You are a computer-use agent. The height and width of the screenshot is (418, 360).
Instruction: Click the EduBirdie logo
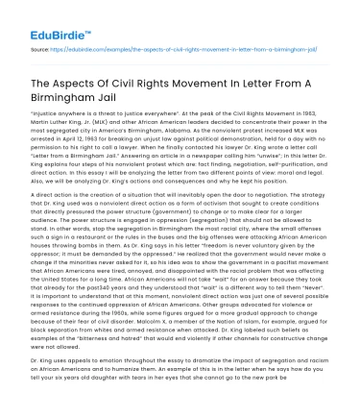pos(39,18)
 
